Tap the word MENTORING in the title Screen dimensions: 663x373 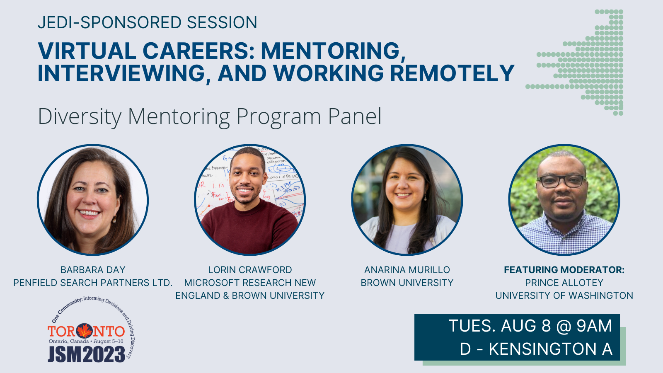pyautogui.click(x=333, y=51)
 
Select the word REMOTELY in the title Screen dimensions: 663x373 pyautogui.click(x=452, y=73)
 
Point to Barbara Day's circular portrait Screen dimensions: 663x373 pyautogui.click(x=93, y=200)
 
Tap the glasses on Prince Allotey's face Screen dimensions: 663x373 pyautogui.click(x=561, y=181)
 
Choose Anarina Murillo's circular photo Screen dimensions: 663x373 pyautogui.click(x=407, y=200)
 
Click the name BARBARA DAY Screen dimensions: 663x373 pyautogui.click(x=93, y=270)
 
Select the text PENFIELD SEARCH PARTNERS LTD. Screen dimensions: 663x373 pyautogui.click(x=93, y=283)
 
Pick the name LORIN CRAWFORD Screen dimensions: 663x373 pyautogui.click(x=250, y=270)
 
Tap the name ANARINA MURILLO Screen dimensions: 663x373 pyautogui.click(x=407, y=270)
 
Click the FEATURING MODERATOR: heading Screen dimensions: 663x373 pyautogui.click(x=564, y=270)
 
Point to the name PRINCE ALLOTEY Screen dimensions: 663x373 pyautogui.click(x=564, y=283)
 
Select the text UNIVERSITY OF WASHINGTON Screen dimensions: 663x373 pyautogui.click(x=564, y=295)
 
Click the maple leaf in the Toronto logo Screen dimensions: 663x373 pyautogui.click(x=85, y=331)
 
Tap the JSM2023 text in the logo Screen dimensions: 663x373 pyautogui.click(x=87, y=354)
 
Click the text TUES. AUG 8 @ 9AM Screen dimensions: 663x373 pyautogui.click(x=530, y=326)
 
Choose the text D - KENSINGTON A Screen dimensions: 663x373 pyautogui.click(x=536, y=349)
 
